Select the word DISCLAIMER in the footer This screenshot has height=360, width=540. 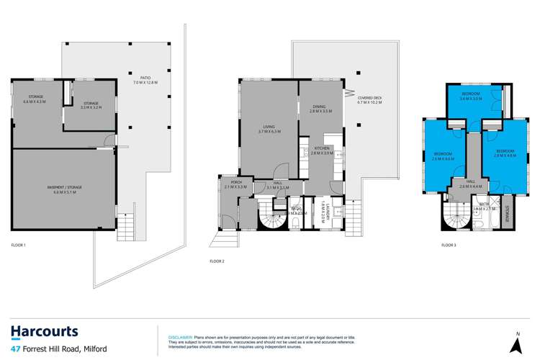point(179,336)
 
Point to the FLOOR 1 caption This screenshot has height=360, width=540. point(19,246)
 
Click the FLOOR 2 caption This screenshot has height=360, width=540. point(217,261)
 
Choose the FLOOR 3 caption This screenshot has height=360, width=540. point(449,246)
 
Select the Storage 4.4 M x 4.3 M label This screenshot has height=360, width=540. point(37,99)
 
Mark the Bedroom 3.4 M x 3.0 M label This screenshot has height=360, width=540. point(472,97)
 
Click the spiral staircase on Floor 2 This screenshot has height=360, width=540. point(275,213)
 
